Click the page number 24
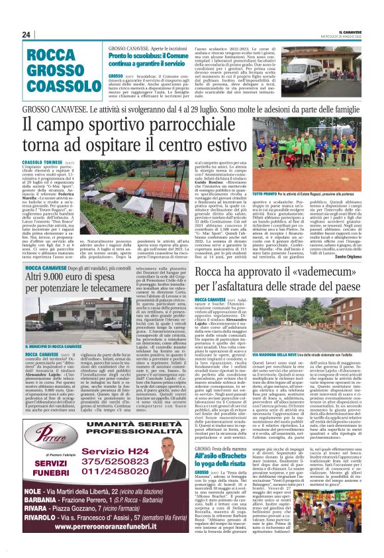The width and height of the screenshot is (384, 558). pos(26,34)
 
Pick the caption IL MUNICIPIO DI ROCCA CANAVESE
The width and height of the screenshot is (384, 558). pos(56,347)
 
